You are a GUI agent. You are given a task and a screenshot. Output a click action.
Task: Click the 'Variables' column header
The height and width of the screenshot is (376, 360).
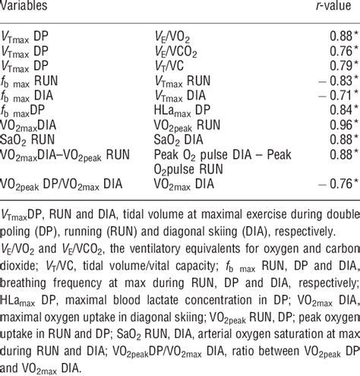pyautogui.click(x=26, y=8)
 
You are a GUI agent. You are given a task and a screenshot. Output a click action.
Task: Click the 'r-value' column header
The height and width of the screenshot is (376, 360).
pyautogui.click(x=337, y=8)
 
